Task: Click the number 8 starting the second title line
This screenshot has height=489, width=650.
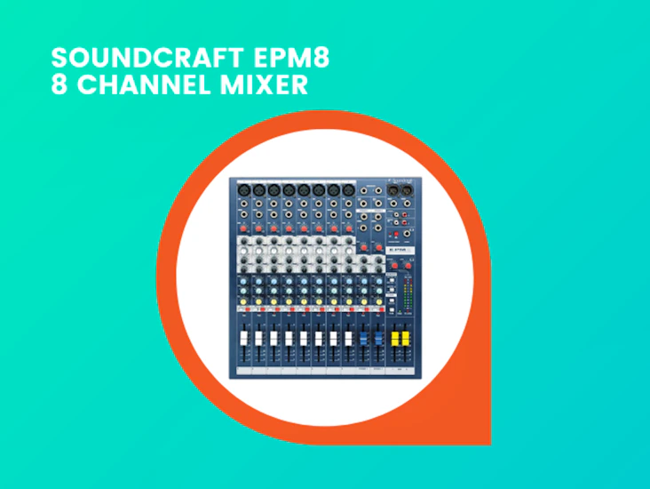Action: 59,85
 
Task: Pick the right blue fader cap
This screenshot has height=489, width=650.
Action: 377,338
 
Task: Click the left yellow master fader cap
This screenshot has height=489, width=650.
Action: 394,338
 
